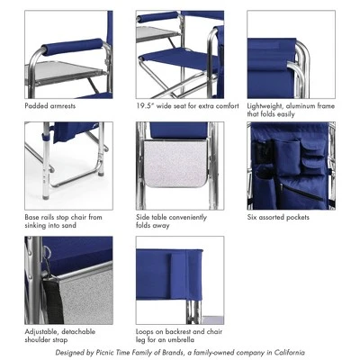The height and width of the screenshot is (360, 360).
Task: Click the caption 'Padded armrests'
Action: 51,106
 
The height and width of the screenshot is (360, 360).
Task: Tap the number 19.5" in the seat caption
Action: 147,106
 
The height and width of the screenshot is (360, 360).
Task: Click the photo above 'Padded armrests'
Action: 69,54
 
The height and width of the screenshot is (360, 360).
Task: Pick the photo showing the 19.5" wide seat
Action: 180,54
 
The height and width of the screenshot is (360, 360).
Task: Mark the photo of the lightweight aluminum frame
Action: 290,54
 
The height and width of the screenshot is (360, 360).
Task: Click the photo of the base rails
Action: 69,166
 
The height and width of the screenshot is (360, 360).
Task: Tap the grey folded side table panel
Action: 180,180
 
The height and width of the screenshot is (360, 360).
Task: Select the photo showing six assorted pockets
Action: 290,166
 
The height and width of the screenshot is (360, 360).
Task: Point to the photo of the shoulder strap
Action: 69,279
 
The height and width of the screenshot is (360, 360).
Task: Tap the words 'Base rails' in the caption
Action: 41,217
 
